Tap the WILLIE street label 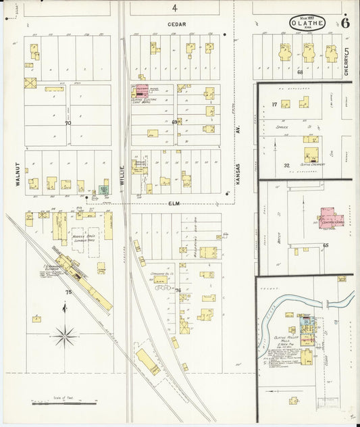[x=122, y=176]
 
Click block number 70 [x=68, y=124]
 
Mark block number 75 [x=68, y=291]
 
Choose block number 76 [x=178, y=291]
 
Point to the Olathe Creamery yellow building [x=311, y=154]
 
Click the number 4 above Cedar [x=174, y=8]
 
